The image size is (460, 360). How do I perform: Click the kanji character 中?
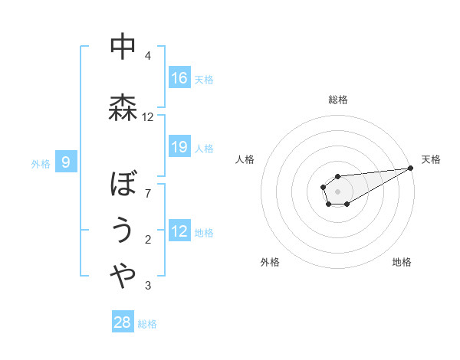pos(123,47)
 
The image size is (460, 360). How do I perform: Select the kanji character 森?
pos(123,108)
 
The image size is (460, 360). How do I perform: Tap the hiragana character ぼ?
pos(123,185)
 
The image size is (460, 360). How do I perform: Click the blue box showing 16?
pos(179,77)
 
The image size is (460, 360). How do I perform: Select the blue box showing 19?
pos(179,146)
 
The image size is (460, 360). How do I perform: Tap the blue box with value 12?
pos(179,231)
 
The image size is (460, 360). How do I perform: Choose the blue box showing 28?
pos(123,322)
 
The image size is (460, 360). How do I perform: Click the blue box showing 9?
pos(67,162)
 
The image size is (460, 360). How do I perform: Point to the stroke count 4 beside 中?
pos(148,56)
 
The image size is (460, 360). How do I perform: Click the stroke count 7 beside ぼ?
pos(148,193)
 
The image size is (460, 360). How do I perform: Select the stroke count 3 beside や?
pos(148,286)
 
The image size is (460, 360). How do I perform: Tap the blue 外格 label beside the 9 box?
pos(41,163)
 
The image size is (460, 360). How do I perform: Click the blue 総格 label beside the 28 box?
pos(147,324)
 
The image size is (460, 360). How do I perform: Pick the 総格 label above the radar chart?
pos(337,100)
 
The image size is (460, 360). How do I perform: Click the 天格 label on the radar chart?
pos(431,159)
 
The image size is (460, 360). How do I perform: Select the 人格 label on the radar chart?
pos(245,159)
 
